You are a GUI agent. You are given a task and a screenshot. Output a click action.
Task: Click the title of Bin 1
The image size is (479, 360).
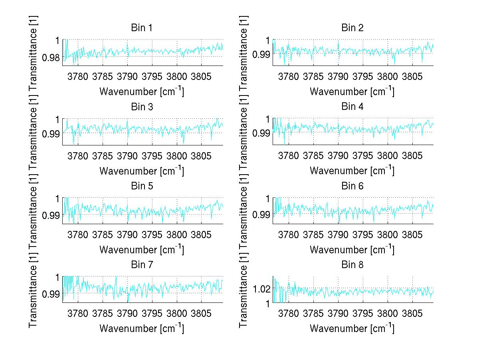pyautogui.click(x=142, y=28)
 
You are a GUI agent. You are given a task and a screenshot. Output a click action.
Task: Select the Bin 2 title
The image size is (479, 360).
pyautogui.click(x=352, y=28)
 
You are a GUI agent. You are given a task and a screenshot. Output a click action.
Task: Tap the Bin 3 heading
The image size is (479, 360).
pyautogui.click(x=142, y=107)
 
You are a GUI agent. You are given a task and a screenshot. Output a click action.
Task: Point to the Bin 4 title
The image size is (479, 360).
pyautogui.click(x=352, y=107)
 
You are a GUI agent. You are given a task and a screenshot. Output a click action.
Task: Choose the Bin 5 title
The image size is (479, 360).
pyautogui.click(x=142, y=186)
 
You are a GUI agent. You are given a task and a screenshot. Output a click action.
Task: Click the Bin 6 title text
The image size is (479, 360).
pyautogui.click(x=352, y=186)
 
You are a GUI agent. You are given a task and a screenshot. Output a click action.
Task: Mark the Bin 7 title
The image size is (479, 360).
pyautogui.click(x=142, y=265)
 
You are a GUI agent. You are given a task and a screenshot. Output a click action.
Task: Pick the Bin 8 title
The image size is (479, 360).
pyautogui.click(x=352, y=265)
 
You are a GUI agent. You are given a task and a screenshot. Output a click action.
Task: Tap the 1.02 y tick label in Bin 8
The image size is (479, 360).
pyautogui.click(x=261, y=288)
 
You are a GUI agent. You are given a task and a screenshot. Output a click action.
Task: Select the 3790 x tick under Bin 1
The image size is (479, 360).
pyautogui.click(x=127, y=76)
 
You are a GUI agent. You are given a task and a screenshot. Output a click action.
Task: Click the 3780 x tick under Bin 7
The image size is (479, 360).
pyautogui.click(x=78, y=312)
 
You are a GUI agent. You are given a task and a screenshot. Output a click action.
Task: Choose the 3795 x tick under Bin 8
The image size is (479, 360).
pyautogui.click(x=362, y=312)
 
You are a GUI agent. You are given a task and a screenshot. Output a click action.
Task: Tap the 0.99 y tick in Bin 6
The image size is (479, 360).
pyautogui.click(x=261, y=215)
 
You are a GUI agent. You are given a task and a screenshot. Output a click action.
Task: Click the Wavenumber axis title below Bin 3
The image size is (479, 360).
pyautogui.click(x=142, y=171)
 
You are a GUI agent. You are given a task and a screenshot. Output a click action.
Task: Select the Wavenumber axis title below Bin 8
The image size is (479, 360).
pyautogui.click(x=352, y=328)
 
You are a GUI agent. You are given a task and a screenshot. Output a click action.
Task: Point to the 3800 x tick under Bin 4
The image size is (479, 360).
pyautogui.click(x=387, y=155)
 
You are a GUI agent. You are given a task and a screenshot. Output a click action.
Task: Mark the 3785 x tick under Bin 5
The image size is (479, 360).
pyautogui.click(x=103, y=233)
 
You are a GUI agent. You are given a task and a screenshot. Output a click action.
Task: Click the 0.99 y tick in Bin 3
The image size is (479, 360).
pyautogui.click(x=51, y=133)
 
